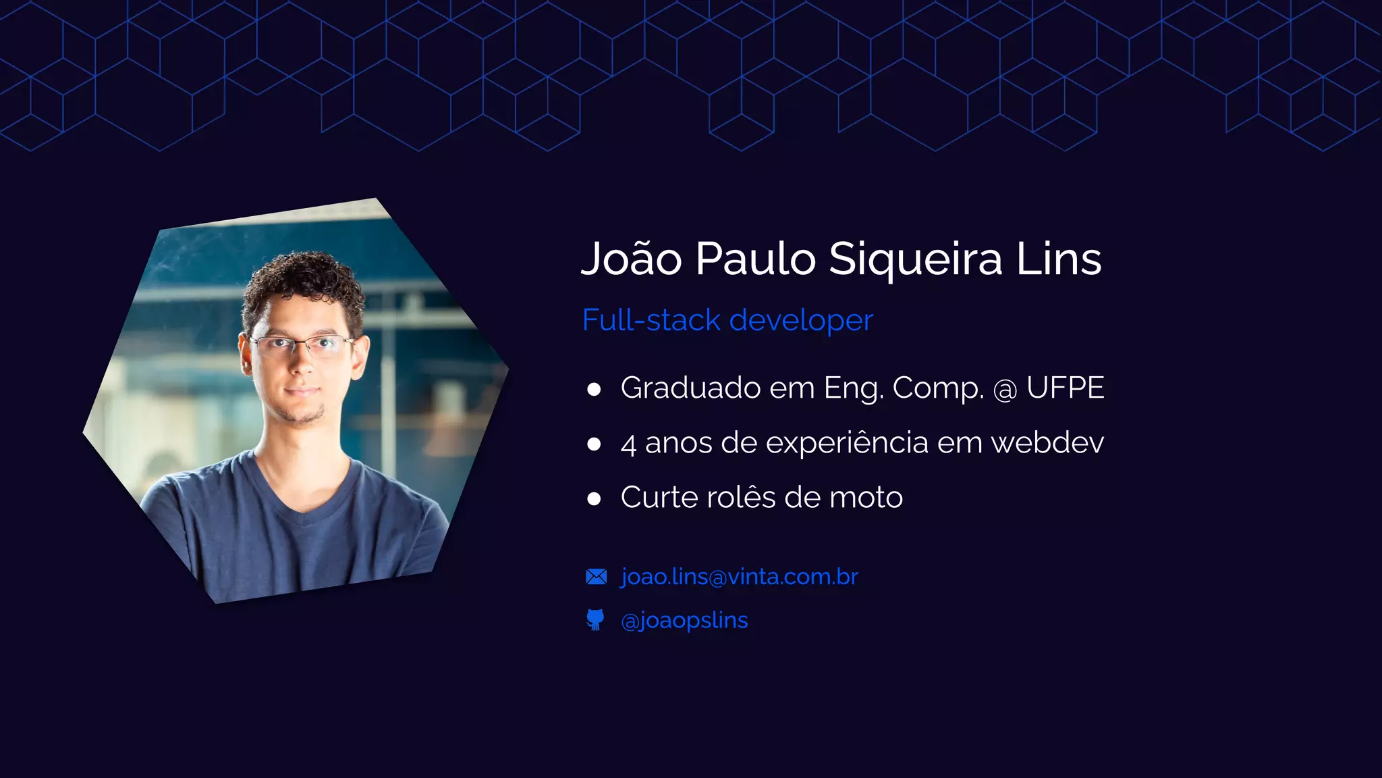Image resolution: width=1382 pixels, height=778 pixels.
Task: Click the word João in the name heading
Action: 632,259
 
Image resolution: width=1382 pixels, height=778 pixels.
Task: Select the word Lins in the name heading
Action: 1059,259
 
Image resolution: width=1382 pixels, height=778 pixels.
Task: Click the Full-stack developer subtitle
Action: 727,320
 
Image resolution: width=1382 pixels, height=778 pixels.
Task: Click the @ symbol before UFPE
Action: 1005,390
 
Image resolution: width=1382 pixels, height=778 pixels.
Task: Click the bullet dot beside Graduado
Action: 594,389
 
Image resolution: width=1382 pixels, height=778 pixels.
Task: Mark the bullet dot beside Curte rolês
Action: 594,499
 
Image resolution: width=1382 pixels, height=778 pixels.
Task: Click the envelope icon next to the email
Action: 597,577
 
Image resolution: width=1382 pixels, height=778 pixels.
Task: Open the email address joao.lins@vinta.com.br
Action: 739,577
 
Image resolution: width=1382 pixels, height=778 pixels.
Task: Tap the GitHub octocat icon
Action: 595,619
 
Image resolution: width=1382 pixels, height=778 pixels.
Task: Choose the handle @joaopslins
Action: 684,620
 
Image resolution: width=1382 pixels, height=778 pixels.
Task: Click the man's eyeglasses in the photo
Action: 302,346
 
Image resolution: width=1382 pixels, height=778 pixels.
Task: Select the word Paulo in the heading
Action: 755,259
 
